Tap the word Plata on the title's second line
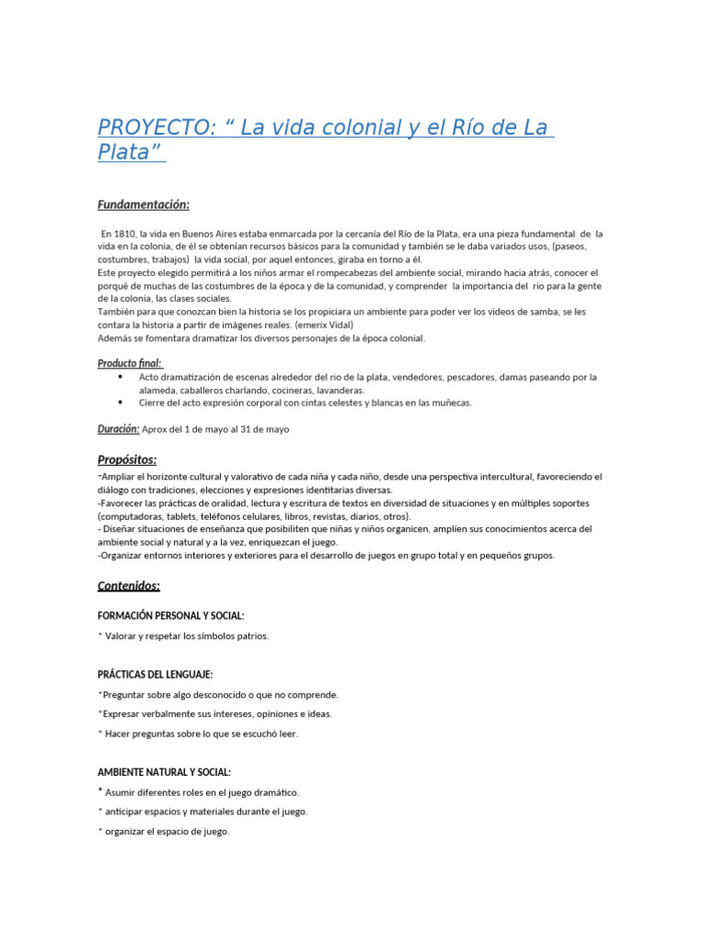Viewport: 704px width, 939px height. click(123, 152)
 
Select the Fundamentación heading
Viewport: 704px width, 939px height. click(143, 204)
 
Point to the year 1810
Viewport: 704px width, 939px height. click(126, 234)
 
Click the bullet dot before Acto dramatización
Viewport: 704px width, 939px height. click(121, 377)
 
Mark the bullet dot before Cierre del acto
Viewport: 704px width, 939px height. click(121, 403)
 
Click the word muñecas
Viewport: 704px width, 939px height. click(450, 403)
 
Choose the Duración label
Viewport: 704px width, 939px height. click(118, 428)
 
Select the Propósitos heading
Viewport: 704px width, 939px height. click(126, 458)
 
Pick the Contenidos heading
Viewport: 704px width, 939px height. click(128, 585)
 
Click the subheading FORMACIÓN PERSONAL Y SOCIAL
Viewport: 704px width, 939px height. click(170, 616)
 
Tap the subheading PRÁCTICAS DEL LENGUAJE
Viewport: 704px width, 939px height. click(155, 674)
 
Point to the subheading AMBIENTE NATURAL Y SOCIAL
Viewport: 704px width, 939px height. click(164, 772)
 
